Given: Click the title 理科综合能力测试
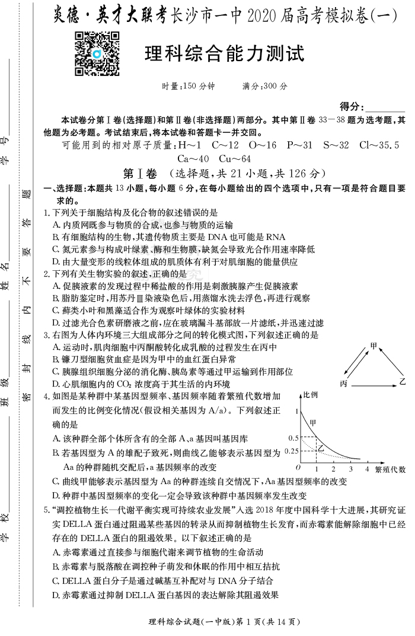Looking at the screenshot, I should [x=225, y=54].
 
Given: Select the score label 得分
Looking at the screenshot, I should [x=350, y=106].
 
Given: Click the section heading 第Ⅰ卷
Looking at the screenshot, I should [x=139, y=174].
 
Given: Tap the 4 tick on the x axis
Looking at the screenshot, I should [x=367, y=470].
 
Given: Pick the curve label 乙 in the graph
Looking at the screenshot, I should [x=321, y=446].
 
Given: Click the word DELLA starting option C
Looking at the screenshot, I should [x=79, y=581].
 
